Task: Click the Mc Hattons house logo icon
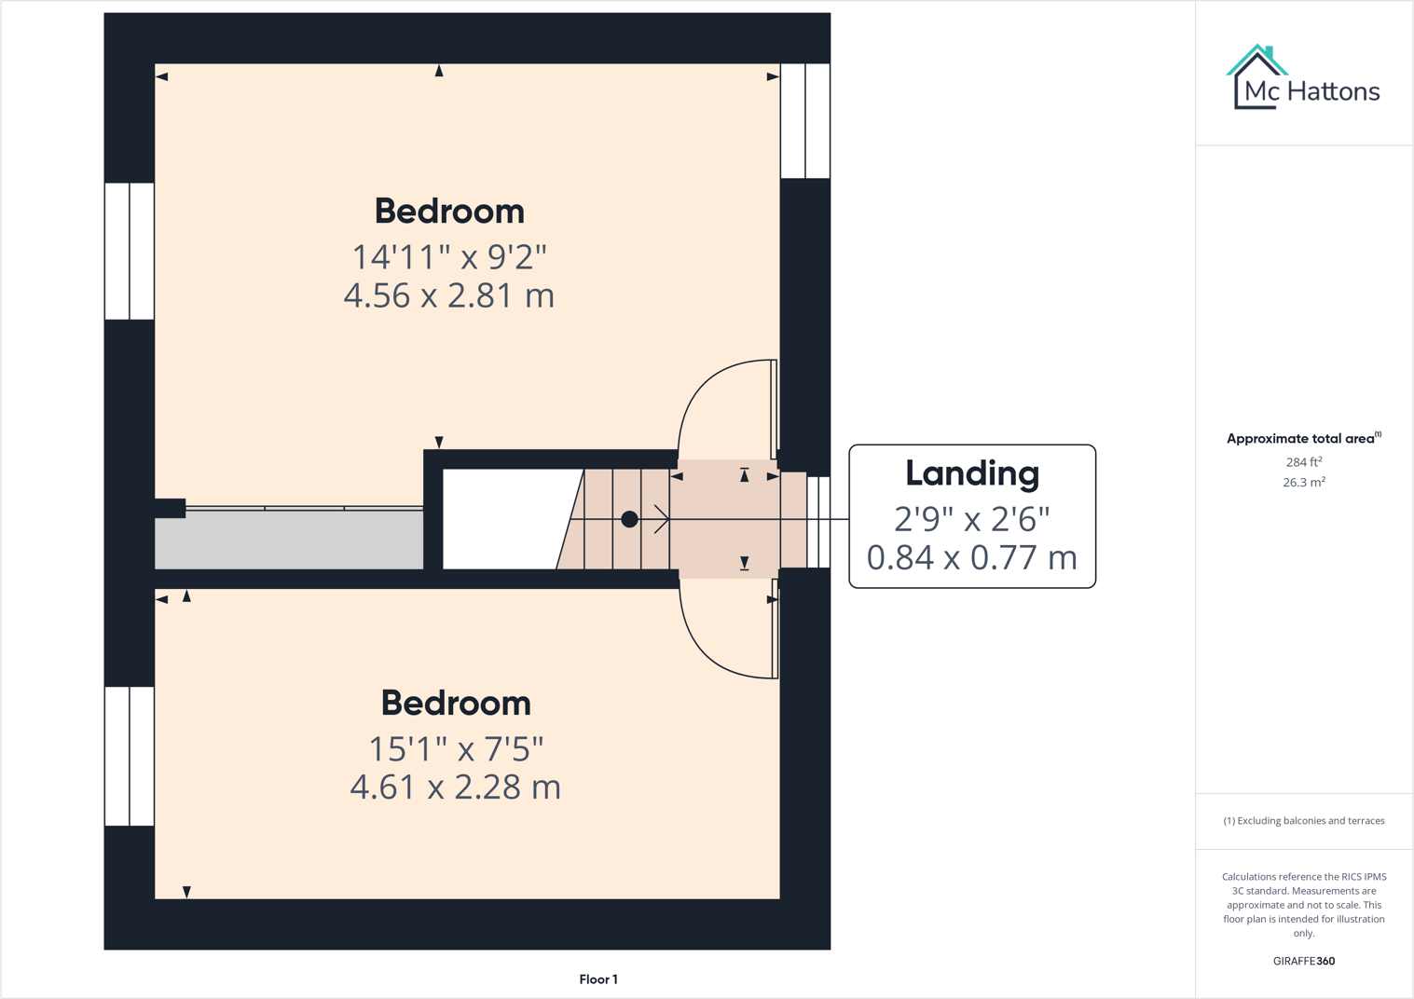click(x=1256, y=76)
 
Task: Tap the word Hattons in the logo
click(x=1334, y=91)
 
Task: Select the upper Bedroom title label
click(x=449, y=212)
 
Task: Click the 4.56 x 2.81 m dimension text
click(x=449, y=295)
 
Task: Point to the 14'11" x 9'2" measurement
click(x=449, y=255)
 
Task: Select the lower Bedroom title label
click(x=456, y=704)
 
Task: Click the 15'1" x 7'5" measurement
click(x=456, y=747)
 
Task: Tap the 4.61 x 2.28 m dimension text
click(x=456, y=787)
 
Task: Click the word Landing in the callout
click(x=972, y=473)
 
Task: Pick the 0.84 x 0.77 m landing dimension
click(x=972, y=557)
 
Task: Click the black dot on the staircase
click(x=629, y=519)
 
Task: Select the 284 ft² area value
click(x=1304, y=462)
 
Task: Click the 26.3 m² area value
click(x=1304, y=483)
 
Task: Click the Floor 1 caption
click(x=598, y=979)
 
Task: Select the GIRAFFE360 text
click(x=1304, y=961)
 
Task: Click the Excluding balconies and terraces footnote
click(x=1304, y=821)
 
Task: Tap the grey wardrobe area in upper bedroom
click(x=289, y=540)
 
